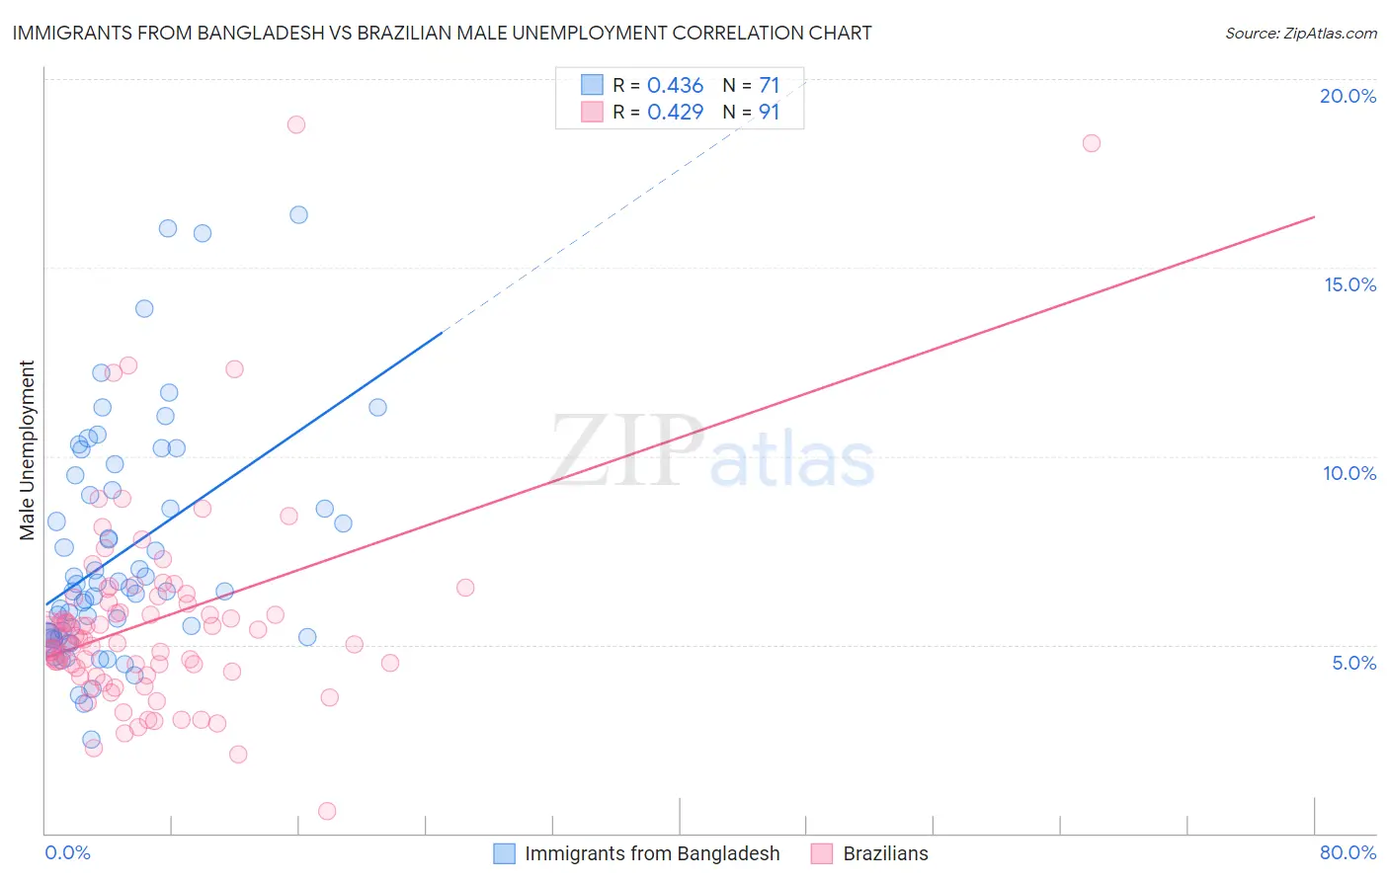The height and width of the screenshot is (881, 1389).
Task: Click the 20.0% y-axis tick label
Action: (x=1348, y=96)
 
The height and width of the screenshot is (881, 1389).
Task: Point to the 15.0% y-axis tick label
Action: (x=1349, y=284)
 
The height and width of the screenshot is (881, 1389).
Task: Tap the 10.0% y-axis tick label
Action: (x=1349, y=473)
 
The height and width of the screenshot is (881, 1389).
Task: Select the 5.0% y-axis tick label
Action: (x=1353, y=663)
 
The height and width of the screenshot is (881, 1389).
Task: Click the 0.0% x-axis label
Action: (x=67, y=852)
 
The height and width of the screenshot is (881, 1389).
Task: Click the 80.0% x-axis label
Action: (x=1348, y=852)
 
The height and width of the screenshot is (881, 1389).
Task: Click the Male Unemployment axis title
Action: (x=28, y=450)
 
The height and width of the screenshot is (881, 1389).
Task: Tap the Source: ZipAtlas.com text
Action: (x=1300, y=33)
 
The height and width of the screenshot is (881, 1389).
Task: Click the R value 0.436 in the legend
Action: (x=675, y=86)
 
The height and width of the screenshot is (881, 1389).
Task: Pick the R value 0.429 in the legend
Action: (x=675, y=113)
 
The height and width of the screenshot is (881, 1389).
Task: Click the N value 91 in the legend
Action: (x=769, y=113)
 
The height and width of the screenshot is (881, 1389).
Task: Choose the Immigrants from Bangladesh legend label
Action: (x=652, y=853)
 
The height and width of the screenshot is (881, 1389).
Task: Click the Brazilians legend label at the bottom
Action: (x=885, y=853)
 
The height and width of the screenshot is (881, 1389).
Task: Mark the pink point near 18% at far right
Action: (x=1091, y=143)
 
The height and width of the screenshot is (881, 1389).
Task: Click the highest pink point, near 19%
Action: (x=296, y=124)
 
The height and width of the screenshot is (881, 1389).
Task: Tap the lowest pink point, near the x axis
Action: (x=327, y=811)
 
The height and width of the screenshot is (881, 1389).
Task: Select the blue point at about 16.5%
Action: (x=298, y=214)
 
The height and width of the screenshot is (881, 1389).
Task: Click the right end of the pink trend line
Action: (x=1314, y=216)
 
